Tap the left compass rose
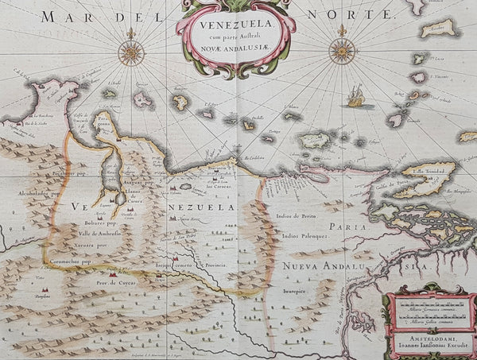[131, 52]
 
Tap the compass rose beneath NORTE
[342, 51]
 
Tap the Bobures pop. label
[100, 225]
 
